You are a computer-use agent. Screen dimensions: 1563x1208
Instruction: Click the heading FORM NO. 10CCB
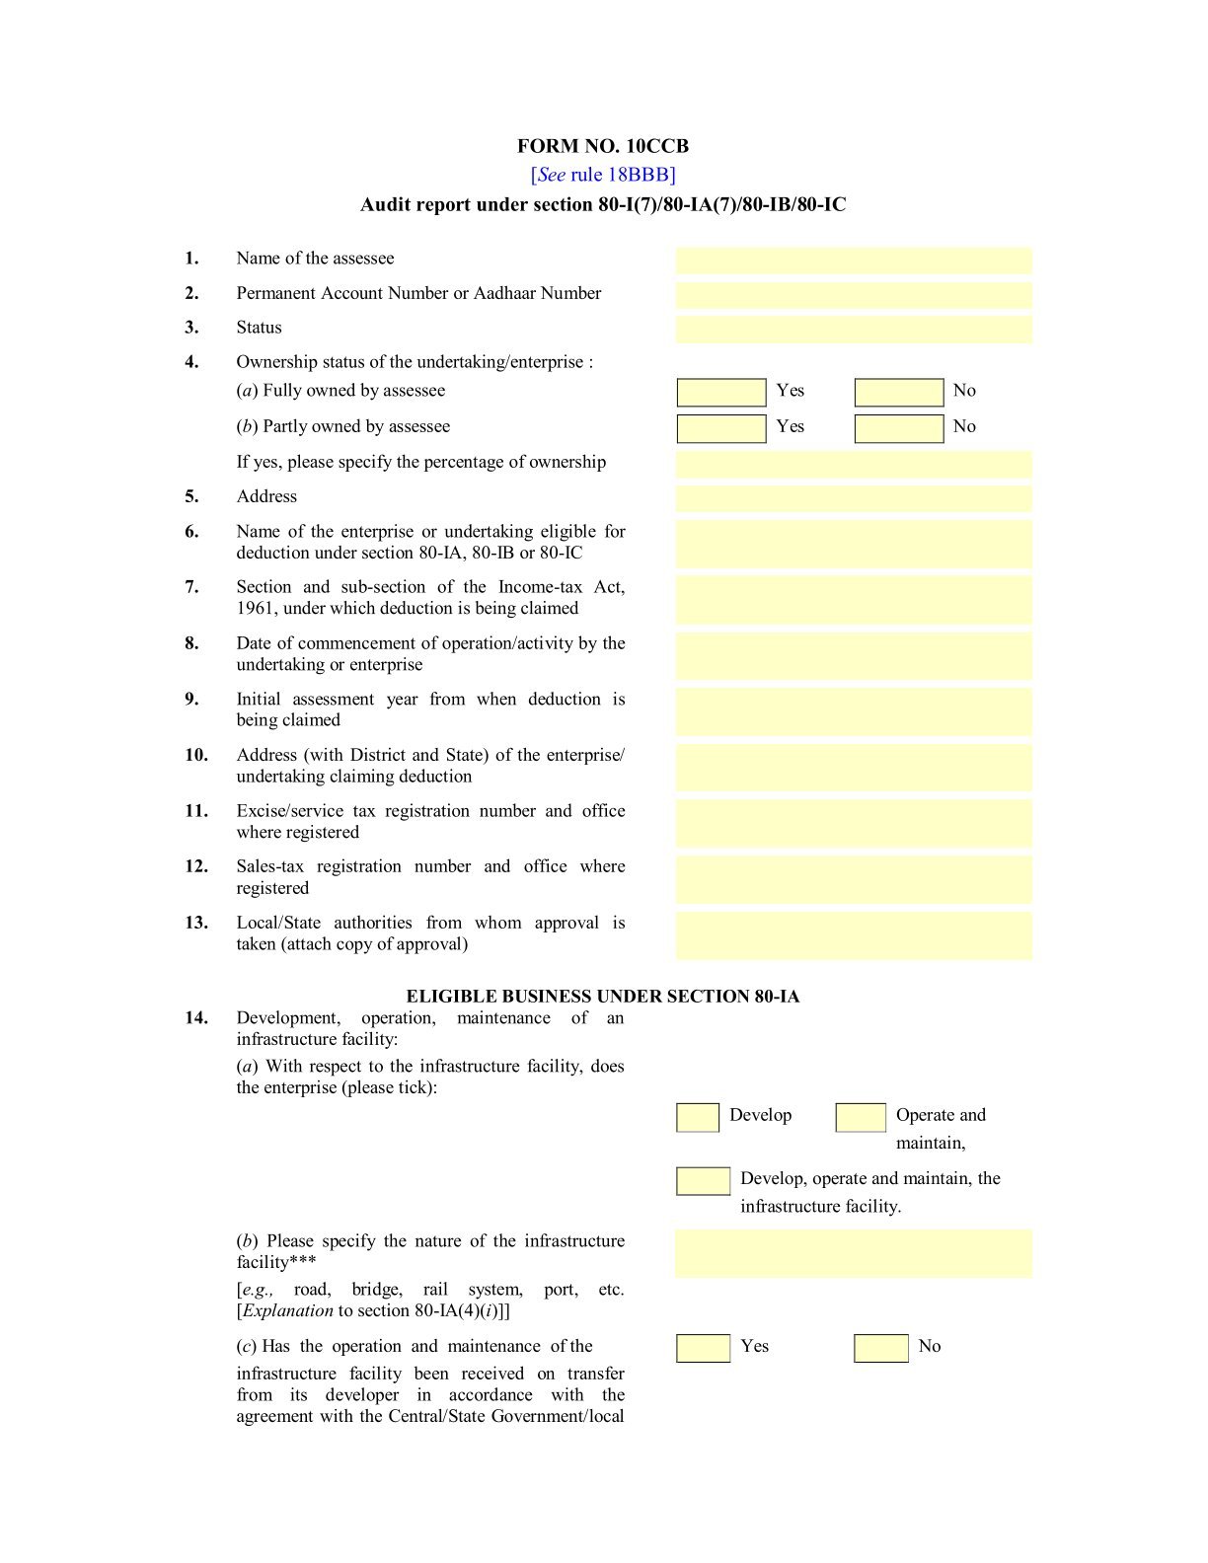(603, 146)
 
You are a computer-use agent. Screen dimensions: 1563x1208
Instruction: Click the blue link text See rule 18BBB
(603, 175)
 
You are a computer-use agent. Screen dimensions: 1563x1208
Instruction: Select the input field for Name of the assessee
(854, 260)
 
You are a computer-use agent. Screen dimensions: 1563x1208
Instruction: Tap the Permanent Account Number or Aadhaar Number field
(854, 295)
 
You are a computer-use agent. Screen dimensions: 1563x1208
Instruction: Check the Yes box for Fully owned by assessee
(721, 393)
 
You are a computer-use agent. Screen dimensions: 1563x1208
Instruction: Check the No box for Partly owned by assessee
(899, 428)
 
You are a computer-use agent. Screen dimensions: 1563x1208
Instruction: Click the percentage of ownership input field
(854, 465)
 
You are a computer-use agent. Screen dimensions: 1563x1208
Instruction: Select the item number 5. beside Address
(191, 496)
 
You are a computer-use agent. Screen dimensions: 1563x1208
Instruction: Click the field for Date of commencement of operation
(854, 656)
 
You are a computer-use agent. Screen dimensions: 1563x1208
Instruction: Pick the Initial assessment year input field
(854, 711)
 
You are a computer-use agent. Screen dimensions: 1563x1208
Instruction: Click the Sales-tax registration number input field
(854, 879)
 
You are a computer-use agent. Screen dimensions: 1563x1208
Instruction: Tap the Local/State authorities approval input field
(854, 935)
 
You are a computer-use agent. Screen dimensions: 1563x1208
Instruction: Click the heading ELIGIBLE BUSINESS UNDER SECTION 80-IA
(603, 997)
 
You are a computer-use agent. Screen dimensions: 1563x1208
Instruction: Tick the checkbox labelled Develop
(698, 1118)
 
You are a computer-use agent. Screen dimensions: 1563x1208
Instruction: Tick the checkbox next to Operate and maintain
(861, 1118)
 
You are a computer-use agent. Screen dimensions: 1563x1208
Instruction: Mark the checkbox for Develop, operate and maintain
(704, 1181)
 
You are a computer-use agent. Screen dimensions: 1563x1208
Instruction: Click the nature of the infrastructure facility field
(854, 1253)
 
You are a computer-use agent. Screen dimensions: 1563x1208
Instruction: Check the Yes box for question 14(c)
(704, 1349)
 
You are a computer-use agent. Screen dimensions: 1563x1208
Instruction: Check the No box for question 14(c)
(881, 1349)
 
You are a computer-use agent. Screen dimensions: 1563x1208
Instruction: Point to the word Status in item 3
(259, 328)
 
